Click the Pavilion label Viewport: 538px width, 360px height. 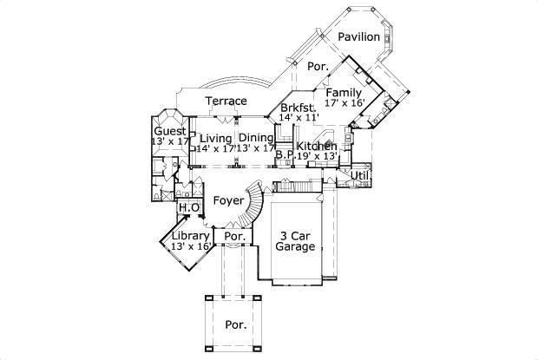point(358,37)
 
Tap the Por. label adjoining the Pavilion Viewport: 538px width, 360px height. point(317,66)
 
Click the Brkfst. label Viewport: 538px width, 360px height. point(297,108)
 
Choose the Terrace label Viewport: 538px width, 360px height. point(226,101)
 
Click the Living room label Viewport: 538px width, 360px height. point(215,138)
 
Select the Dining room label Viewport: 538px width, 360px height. point(256,138)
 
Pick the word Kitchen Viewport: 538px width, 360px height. point(316,146)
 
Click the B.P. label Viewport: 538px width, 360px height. point(285,157)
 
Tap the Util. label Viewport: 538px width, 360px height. point(360,175)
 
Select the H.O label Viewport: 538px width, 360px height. point(190,208)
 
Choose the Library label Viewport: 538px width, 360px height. point(190,235)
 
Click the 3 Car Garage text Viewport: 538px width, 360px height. point(294,240)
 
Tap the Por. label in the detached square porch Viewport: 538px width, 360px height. point(236,325)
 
